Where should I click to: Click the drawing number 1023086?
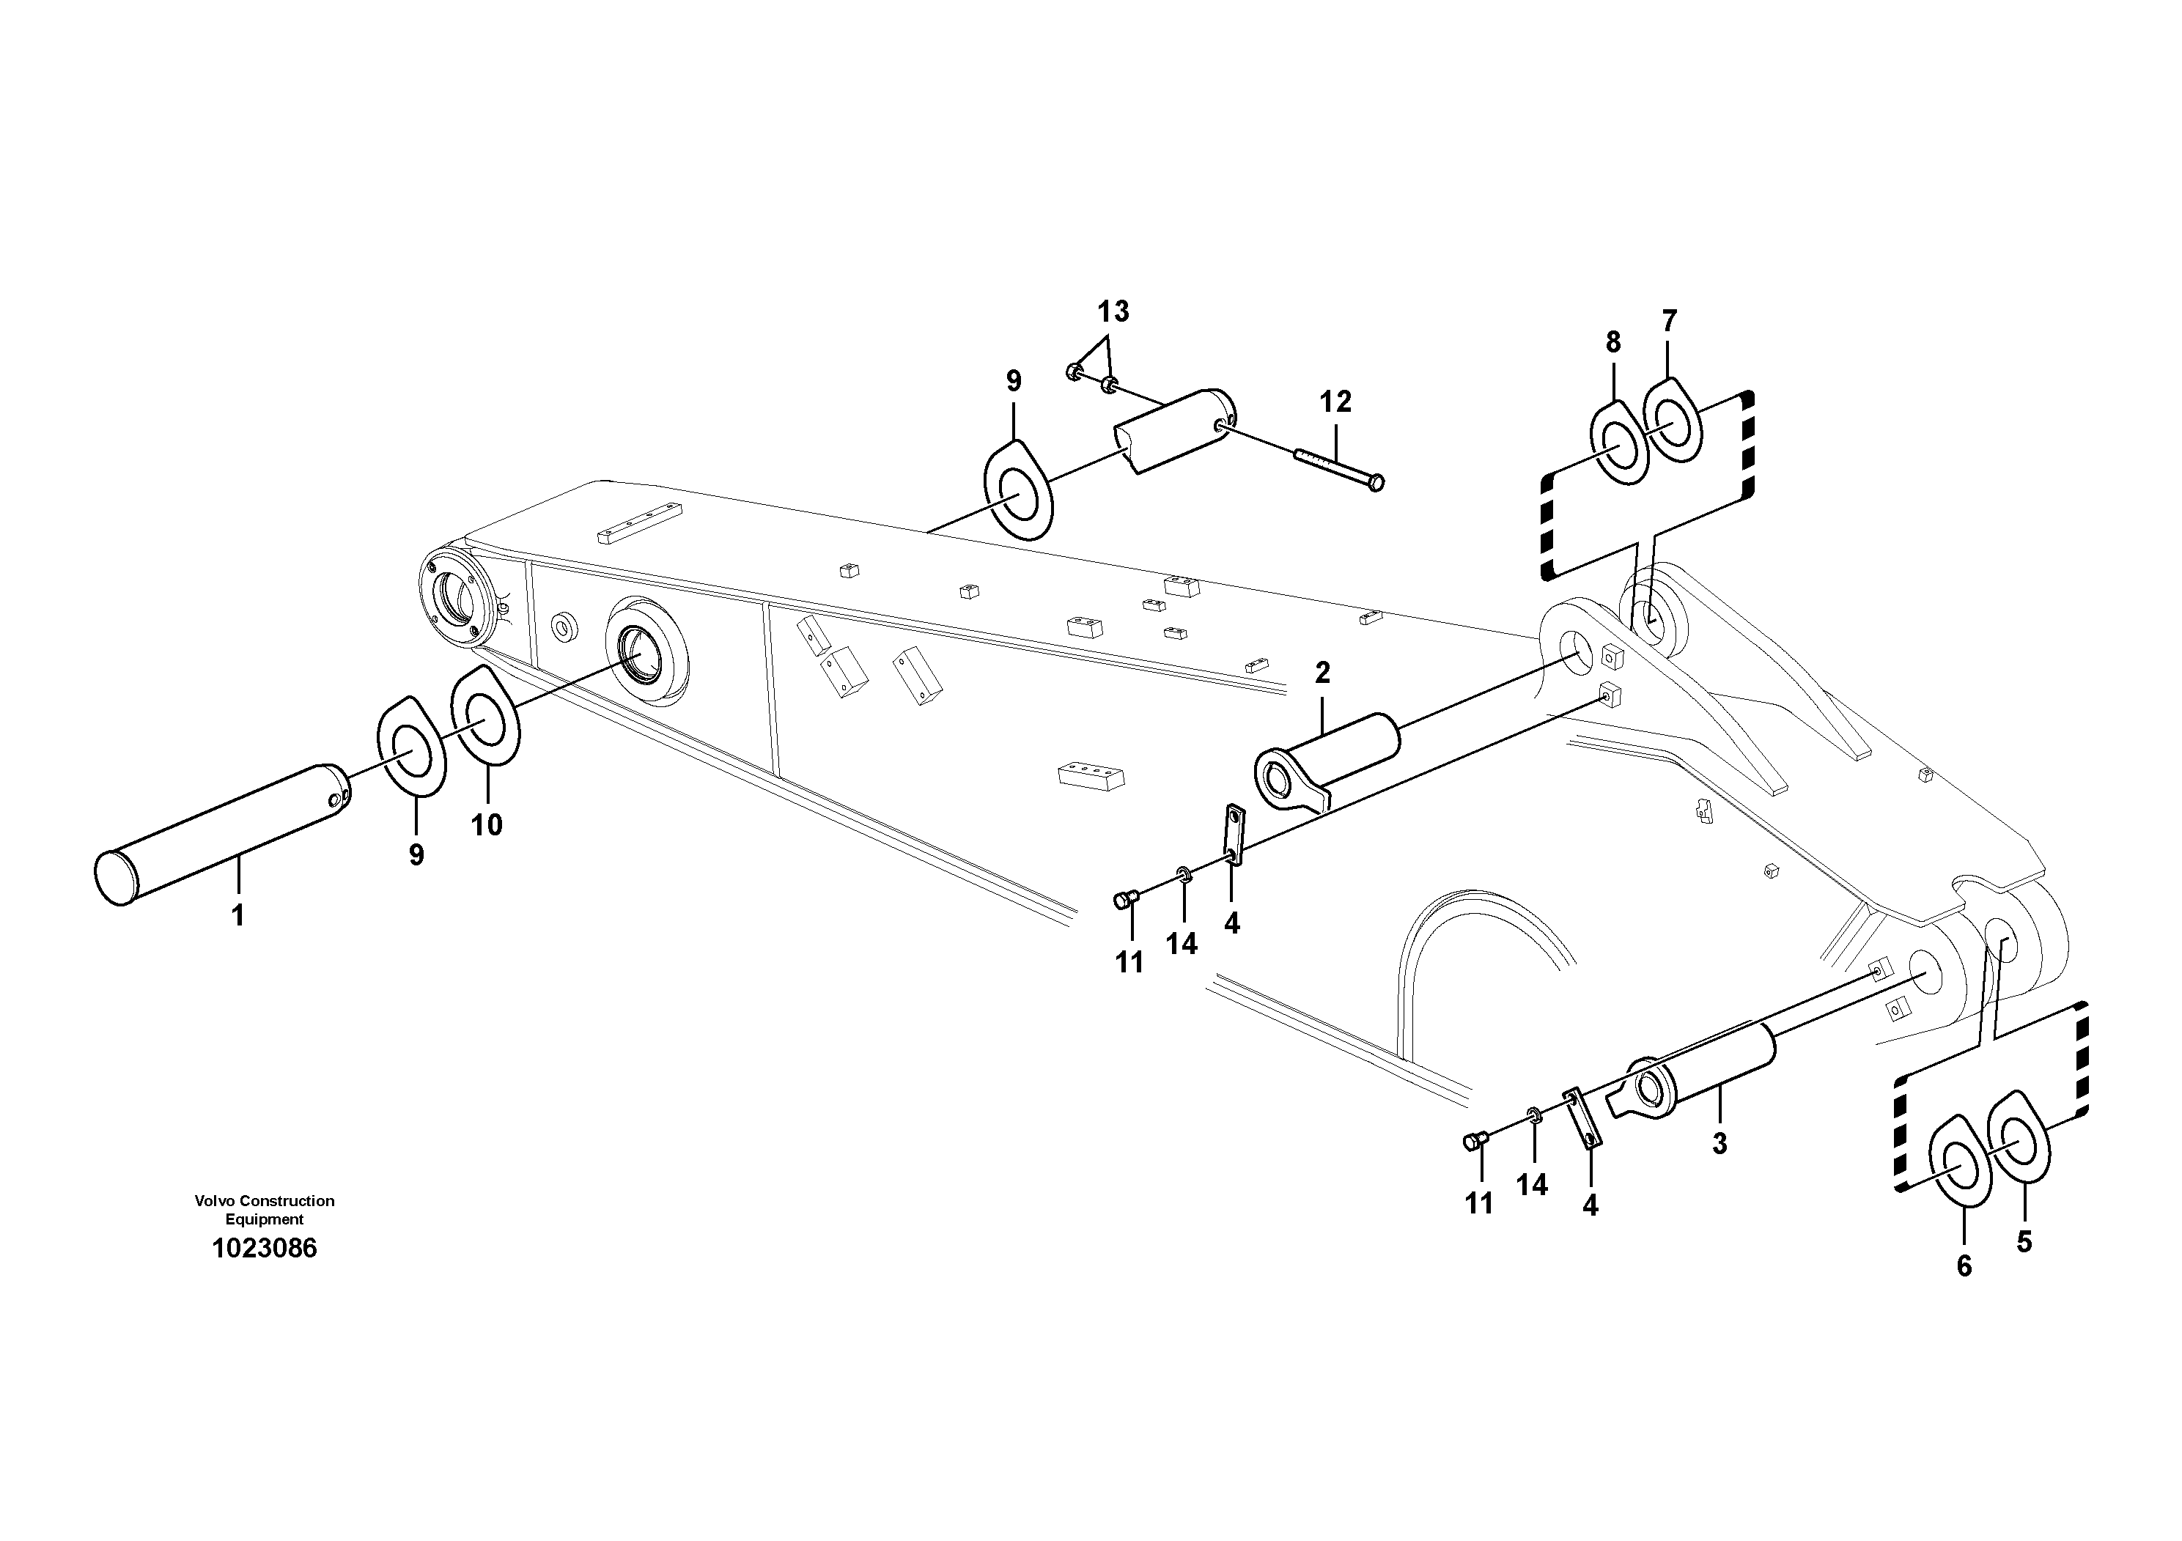pos(264,1247)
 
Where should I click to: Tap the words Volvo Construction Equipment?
pos(264,1210)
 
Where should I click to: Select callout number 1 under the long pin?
pos(237,915)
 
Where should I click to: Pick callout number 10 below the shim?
pos(487,824)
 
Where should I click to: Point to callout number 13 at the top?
pos(1113,311)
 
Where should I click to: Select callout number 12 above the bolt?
pos(1335,402)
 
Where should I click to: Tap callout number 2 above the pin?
pos(1322,673)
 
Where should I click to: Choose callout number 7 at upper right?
pos(1670,321)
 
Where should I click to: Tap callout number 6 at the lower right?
pos(1964,1265)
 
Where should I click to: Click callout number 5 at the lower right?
pos(2024,1242)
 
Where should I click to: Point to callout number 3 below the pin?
pos(1720,1144)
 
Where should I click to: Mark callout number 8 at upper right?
pos(1612,342)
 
